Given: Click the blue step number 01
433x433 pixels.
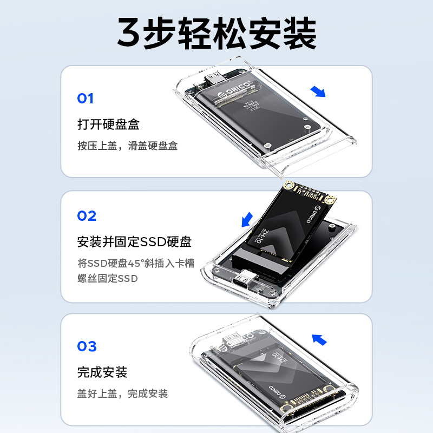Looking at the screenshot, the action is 86,99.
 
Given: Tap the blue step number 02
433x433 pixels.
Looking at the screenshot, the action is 87,215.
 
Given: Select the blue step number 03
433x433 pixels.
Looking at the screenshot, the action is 87,346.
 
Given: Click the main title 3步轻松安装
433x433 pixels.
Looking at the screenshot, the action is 217,33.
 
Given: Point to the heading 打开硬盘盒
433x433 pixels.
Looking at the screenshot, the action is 109,124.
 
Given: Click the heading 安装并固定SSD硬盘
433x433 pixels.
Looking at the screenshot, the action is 134,241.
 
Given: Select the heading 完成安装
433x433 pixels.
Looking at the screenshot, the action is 102,372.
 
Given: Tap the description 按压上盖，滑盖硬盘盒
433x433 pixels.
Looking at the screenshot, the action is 128,146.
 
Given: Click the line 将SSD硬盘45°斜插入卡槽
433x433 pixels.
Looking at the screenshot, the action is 136,263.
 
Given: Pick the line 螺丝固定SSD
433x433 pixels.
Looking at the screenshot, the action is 107,278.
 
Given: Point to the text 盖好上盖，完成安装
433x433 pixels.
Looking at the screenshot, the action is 123,393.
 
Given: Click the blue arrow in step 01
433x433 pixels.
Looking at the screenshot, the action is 318,91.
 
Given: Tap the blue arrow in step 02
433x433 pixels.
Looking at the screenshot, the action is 247,220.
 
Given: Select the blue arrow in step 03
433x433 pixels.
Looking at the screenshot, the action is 319,340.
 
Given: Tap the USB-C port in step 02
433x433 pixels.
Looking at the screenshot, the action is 243,280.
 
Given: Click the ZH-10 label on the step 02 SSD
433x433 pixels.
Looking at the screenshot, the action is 263,236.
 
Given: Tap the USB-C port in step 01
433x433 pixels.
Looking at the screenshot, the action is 212,78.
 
